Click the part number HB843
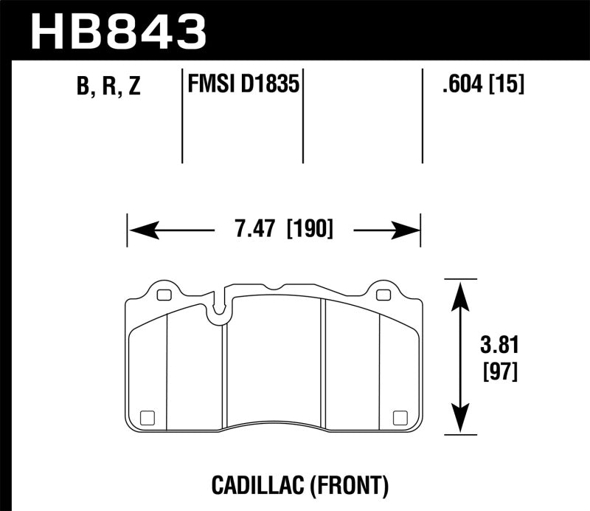point(119,30)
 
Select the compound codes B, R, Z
point(108,87)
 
